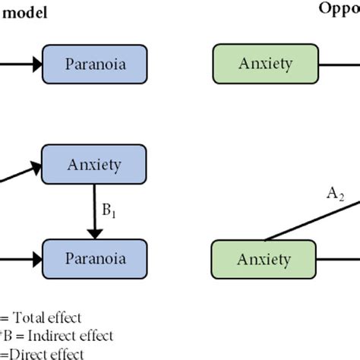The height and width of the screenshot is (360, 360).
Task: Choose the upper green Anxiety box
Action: [x=264, y=63]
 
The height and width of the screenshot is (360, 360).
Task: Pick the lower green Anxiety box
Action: [x=264, y=261]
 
